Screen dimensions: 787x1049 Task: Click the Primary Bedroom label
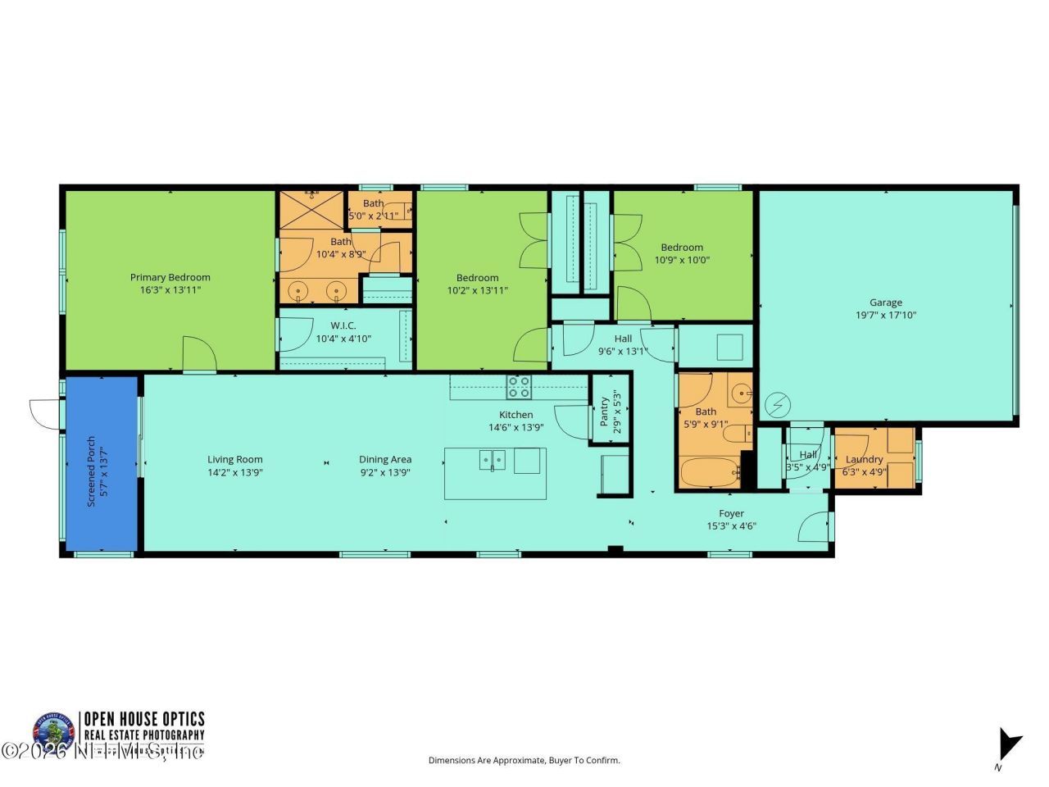170,277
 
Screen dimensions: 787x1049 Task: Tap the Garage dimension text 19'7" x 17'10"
886,315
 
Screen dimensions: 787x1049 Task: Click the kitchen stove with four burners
518,386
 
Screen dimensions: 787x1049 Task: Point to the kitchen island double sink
493,462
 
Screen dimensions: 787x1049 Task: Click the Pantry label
604,411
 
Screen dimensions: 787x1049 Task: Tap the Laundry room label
864,459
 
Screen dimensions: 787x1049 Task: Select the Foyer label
731,514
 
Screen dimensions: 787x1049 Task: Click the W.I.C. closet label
343,325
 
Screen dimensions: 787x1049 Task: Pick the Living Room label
234,460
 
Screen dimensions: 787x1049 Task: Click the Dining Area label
384,460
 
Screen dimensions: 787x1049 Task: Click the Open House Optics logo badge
53,732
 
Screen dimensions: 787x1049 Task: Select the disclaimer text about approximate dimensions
524,760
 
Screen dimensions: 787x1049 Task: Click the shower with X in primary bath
311,211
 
